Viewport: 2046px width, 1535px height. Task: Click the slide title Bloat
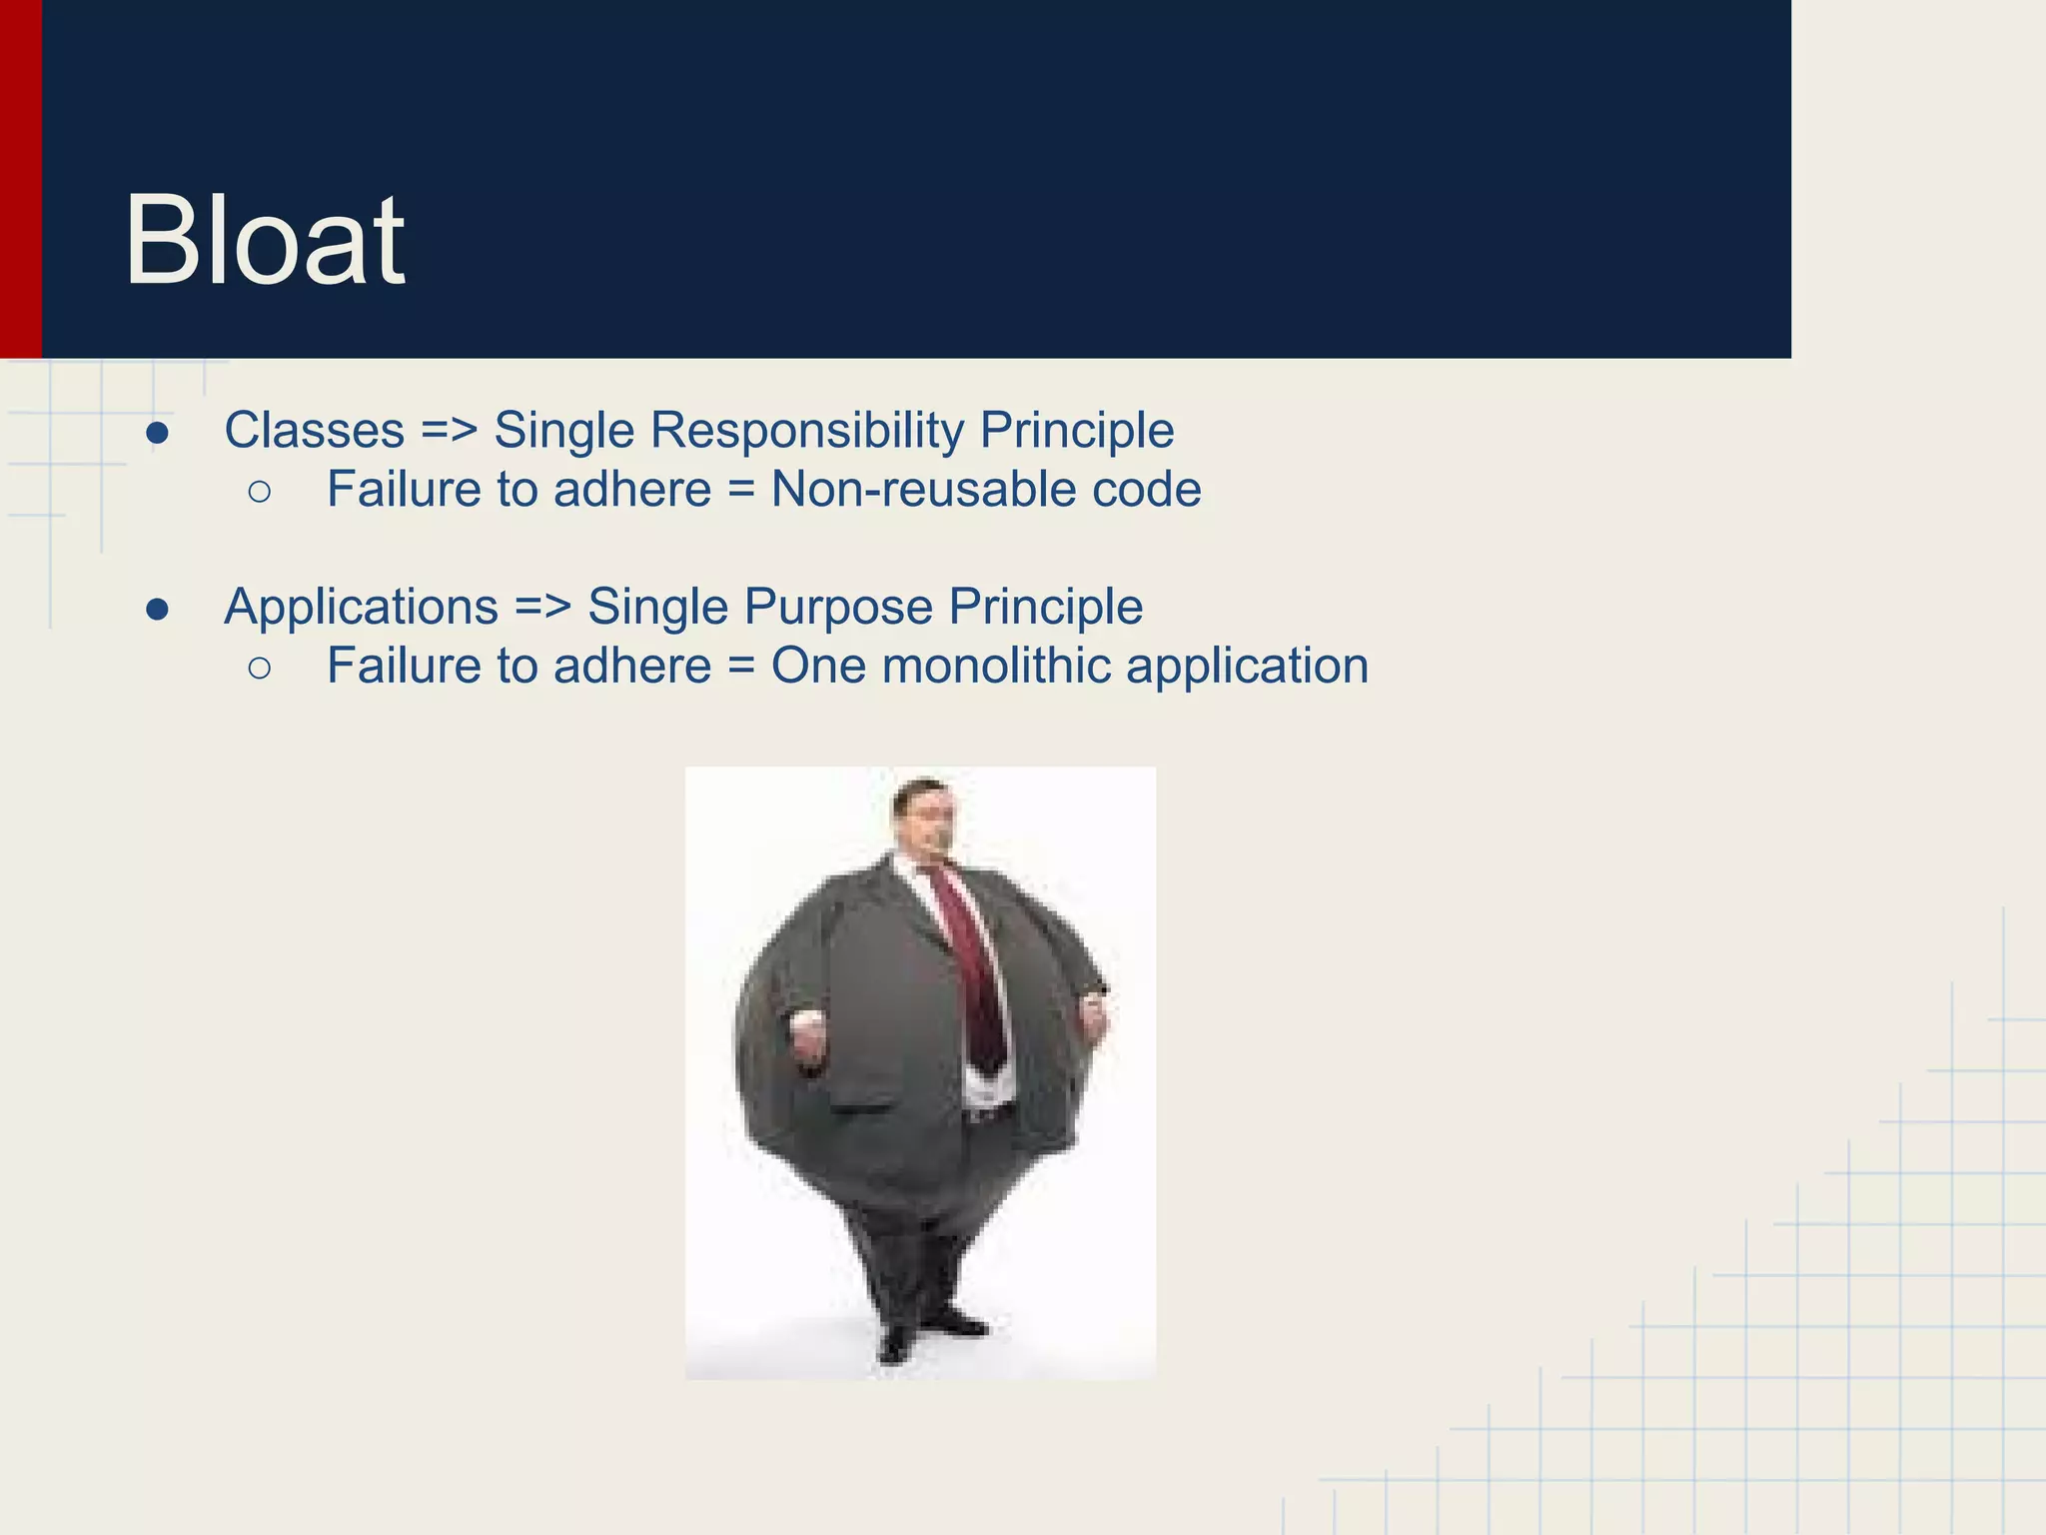(x=264, y=241)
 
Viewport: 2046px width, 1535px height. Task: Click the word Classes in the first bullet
(x=314, y=431)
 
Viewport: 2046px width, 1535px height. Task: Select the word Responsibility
(x=807, y=431)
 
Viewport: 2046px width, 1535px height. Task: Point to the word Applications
(x=361, y=607)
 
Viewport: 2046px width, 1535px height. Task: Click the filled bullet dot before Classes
(x=158, y=434)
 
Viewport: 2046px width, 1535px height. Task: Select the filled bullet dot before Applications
(x=158, y=610)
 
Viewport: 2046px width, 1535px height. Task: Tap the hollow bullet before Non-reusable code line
(x=260, y=492)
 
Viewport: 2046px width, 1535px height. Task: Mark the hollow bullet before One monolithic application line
(x=260, y=668)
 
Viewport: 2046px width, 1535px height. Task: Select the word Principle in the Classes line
(x=1076, y=431)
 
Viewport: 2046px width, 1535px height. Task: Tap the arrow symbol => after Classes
(x=449, y=431)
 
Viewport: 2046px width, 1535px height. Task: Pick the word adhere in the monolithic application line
(x=631, y=666)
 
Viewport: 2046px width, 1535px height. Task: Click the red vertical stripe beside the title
(x=20, y=180)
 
